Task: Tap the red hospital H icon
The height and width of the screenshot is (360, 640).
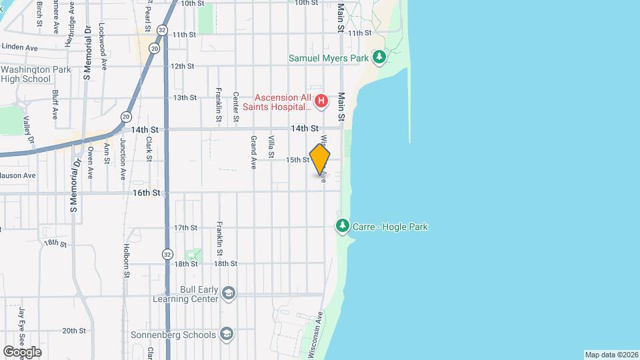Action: coord(321,101)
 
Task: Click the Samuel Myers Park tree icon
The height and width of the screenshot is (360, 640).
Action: coord(379,57)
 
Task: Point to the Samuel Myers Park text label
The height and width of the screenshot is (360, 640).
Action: coord(329,58)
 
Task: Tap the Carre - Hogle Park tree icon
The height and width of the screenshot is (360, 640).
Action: coord(343,227)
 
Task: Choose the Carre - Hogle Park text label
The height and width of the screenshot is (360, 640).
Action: coord(391,227)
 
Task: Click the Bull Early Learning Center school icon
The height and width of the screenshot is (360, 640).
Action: coord(229,294)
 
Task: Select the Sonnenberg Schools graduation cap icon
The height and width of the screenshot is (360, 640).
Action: coord(227,334)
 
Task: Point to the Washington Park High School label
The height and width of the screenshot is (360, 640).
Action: coord(26,74)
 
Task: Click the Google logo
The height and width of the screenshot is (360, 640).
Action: coord(22,351)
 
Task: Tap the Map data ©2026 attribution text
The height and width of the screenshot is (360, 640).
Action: coord(611,355)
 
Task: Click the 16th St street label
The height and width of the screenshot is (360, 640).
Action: coord(147,193)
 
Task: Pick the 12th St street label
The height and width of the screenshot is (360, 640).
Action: coord(182,66)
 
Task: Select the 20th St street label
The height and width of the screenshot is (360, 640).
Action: coord(73,330)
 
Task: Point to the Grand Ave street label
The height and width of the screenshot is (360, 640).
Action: coord(253,152)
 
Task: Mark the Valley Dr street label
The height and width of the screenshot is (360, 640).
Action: coord(28,130)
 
